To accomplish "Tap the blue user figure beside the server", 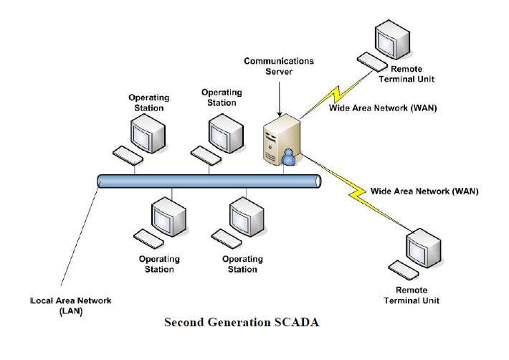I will point(289,157).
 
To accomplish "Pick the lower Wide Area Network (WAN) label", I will point(424,191).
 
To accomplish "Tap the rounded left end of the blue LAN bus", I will point(100,181).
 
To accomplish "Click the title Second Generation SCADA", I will point(242,322).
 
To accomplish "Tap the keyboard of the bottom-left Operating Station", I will point(148,236).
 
